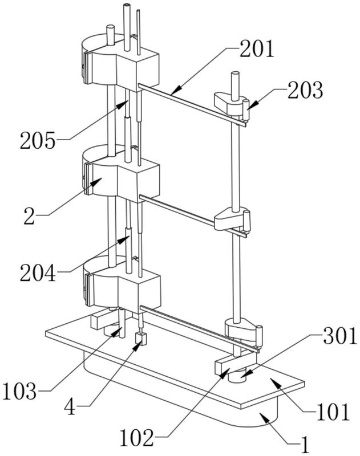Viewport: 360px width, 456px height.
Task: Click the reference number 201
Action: pos(256,50)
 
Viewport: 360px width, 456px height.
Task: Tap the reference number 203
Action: pos(305,90)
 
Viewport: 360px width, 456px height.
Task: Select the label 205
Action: pos(38,140)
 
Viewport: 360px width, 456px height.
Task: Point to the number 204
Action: pos(38,273)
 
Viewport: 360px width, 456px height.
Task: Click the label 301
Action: pos(340,336)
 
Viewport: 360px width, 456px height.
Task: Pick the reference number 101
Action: pos(325,412)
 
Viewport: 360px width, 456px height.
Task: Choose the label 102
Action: pos(136,438)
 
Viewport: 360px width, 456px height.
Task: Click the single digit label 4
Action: pos(70,407)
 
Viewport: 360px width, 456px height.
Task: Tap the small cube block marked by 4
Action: pos(140,339)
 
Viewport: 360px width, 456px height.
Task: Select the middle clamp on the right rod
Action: pos(232,220)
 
